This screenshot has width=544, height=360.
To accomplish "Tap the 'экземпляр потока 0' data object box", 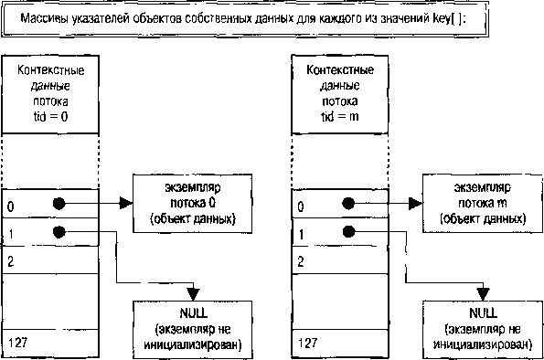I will pos(191,202).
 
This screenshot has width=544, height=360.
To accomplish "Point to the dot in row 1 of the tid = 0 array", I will pos(59,232).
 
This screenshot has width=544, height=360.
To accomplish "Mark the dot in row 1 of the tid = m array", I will pos(347,232).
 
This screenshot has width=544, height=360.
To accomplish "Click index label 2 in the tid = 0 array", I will pos(10,261).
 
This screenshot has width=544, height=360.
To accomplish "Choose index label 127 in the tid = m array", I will pos(305,342).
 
